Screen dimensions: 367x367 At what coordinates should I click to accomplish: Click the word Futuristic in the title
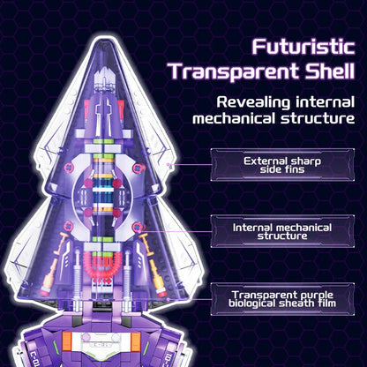click(x=303, y=47)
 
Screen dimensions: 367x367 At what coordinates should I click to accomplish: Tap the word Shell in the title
click(x=329, y=71)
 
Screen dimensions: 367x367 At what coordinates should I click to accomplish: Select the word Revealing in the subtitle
click(x=253, y=103)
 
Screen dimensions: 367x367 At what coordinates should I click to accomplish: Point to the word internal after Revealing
click(x=326, y=102)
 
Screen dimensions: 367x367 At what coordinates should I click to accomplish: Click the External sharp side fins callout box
click(x=282, y=165)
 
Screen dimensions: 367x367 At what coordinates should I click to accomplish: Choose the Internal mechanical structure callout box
click(x=282, y=231)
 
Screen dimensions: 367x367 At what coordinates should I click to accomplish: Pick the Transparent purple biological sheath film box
click(x=282, y=299)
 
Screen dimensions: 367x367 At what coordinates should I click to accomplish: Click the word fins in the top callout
click(x=294, y=169)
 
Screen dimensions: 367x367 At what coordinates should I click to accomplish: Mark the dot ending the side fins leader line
click(x=169, y=165)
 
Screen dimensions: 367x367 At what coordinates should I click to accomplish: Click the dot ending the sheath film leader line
click(x=168, y=299)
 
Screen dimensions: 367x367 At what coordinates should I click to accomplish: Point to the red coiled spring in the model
click(x=102, y=266)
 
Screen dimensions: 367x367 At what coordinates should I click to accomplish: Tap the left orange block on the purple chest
click(x=67, y=341)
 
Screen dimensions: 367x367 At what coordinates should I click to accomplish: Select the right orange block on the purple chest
click(x=136, y=341)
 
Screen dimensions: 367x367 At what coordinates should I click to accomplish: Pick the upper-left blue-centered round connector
click(x=68, y=168)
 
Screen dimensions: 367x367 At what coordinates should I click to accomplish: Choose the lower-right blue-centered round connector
click(x=137, y=227)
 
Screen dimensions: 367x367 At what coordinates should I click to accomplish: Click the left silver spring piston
click(x=78, y=272)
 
